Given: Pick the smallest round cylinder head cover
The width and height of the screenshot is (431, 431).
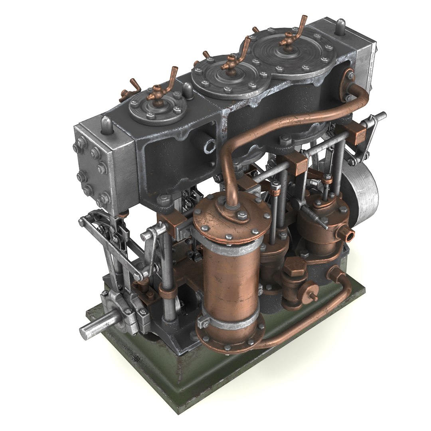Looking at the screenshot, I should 158,107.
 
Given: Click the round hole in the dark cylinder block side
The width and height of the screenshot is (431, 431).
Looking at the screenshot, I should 209,146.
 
